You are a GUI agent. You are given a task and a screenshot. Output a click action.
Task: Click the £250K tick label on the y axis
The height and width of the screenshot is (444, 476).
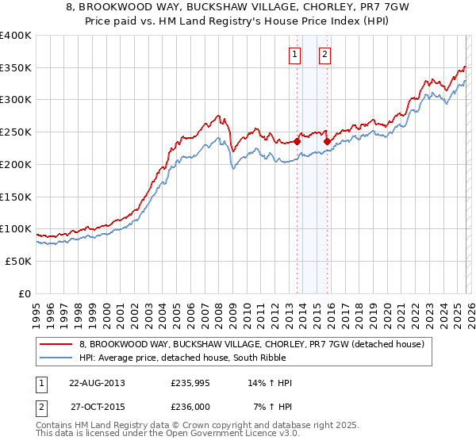16,132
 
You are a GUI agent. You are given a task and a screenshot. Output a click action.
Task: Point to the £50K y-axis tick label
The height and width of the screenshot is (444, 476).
18,261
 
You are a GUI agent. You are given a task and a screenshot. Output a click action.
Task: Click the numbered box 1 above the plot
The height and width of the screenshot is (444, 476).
295,55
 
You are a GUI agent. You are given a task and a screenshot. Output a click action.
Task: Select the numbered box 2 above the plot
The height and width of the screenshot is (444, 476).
325,55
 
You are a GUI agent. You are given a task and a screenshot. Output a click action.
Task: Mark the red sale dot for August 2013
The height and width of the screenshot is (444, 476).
297,142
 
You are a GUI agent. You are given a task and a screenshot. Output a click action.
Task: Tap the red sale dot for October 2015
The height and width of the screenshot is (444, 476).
328,142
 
